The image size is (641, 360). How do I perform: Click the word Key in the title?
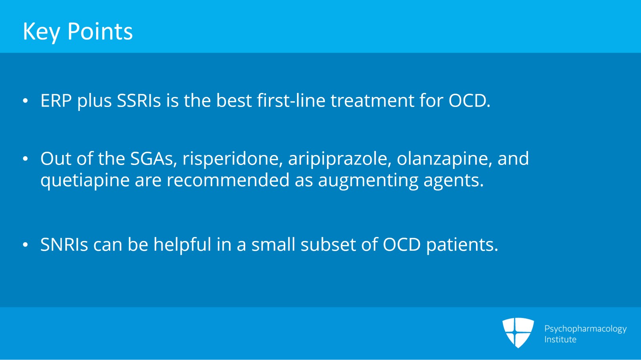[x=41, y=32]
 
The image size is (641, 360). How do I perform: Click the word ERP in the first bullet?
[x=56, y=101]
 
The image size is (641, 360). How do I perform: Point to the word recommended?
[x=228, y=180]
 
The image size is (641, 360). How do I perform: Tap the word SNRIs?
[x=64, y=245]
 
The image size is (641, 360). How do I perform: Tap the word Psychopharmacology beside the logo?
[x=585, y=329]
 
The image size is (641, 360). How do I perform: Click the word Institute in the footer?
[x=560, y=340]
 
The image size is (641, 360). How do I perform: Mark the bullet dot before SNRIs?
[x=26, y=245]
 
